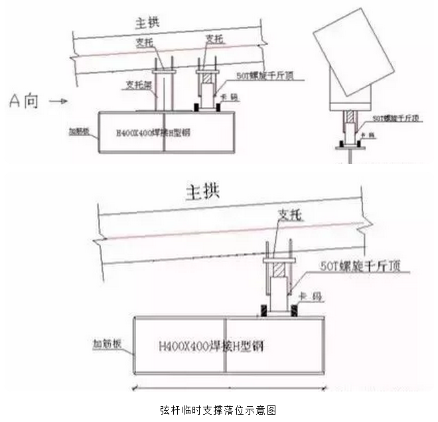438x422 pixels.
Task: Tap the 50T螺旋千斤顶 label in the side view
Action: [396, 119]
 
